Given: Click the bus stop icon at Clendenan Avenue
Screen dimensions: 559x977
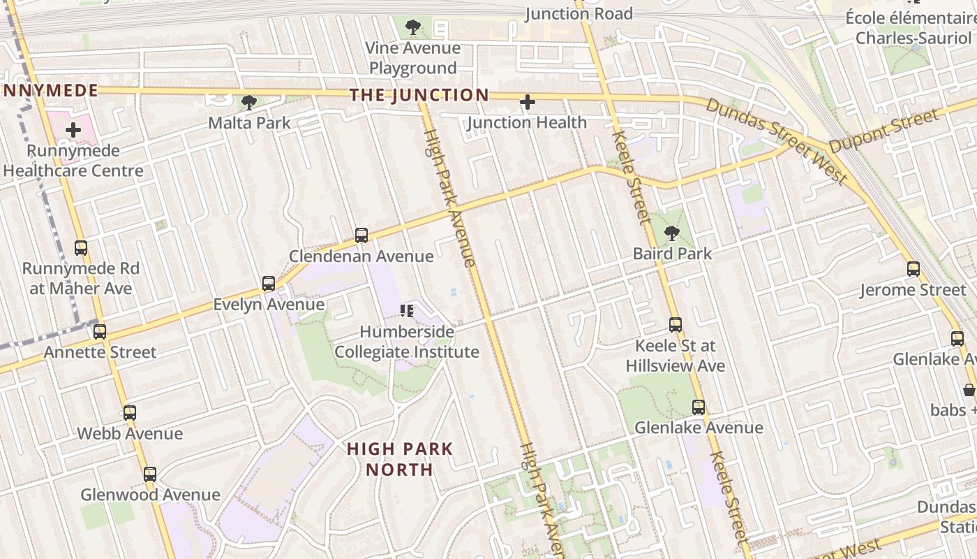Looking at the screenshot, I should (x=361, y=235).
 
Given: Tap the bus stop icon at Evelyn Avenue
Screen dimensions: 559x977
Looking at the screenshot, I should (x=269, y=284).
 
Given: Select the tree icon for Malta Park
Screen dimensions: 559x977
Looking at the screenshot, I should (x=248, y=103).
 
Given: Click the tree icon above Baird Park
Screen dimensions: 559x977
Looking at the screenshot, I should (x=672, y=233).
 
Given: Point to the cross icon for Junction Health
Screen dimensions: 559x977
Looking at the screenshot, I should (x=528, y=103).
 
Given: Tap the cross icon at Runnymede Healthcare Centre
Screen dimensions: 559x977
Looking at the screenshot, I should (x=73, y=130).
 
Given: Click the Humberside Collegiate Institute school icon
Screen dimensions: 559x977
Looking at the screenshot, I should (x=407, y=310).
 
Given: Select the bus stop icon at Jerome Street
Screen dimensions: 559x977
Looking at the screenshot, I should (x=913, y=269).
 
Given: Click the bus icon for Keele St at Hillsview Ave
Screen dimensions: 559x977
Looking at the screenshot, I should (x=676, y=325).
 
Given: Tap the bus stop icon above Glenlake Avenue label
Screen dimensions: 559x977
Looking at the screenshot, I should (x=699, y=407).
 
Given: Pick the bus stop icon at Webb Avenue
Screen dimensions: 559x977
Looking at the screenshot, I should (x=130, y=413).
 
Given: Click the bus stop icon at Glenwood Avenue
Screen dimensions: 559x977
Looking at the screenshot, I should (x=150, y=474).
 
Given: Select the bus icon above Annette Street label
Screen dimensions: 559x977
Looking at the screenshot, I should (x=100, y=332).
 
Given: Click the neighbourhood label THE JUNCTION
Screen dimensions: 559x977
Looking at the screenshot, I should (x=419, y=95).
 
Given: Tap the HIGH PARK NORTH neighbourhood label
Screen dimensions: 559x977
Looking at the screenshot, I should (x=400, y=459).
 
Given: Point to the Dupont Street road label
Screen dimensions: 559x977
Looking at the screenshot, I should (x=883, y=131).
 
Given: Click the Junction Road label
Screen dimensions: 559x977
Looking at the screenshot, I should (x=579, y=13).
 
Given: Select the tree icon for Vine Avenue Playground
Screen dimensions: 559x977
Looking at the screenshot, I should (x=413, y=27).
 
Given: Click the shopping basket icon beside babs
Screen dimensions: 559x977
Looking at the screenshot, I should (x=969, y=389).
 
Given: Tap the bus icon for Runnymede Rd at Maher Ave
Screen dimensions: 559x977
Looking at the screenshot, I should (x=81, y=248).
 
